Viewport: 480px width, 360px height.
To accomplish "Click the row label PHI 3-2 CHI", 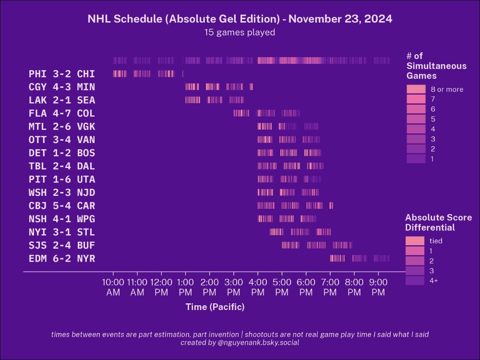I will [62, 74].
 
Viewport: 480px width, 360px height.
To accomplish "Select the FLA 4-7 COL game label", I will [62, 114].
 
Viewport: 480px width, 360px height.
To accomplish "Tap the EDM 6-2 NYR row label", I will [62, 259].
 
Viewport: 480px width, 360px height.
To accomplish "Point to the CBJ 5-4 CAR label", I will [62, 206].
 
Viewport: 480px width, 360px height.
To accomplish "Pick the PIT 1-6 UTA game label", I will [62, 180].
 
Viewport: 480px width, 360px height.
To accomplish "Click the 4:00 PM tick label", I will [258, 287].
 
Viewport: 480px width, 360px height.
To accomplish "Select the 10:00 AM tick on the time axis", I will [113, 287].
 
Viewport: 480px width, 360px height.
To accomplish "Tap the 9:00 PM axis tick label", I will [378, 287].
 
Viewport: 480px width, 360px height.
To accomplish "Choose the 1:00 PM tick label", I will [185, 287].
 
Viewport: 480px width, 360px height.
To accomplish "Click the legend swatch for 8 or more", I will [416, 89].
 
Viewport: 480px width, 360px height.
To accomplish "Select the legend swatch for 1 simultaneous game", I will [416, 159].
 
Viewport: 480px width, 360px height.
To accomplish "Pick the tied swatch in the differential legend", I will [415, 241].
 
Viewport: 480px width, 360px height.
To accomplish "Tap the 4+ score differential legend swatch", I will [415, 281].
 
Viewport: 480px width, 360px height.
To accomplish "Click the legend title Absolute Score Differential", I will [438, 222].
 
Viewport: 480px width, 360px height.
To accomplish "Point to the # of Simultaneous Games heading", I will [436, 66].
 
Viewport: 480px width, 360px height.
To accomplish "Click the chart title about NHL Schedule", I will [240, 19].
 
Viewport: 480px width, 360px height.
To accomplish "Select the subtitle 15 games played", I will [240, 33].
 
